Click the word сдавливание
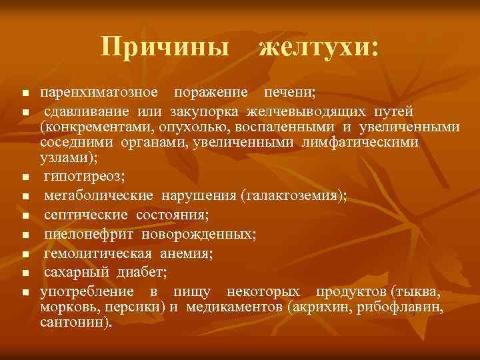[88, 110]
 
